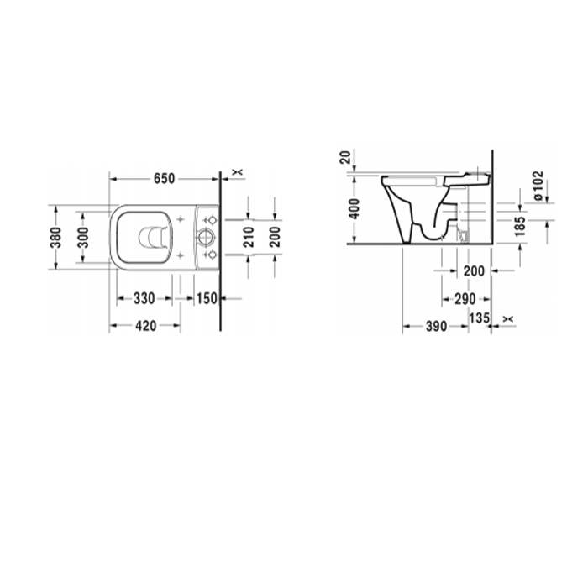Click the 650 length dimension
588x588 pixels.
pos(165,178)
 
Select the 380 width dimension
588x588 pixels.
pos(56,238)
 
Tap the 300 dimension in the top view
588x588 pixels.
pos(83,238)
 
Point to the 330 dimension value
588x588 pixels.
pos(144,298)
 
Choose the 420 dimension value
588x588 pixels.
pos(145,326)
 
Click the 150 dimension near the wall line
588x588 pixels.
pos(207,298)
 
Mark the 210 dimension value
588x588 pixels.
pos(249,237)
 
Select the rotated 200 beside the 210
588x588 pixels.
pos(275,237)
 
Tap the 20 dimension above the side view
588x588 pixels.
pos(345,157)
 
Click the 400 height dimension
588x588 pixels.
pos(354,209)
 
